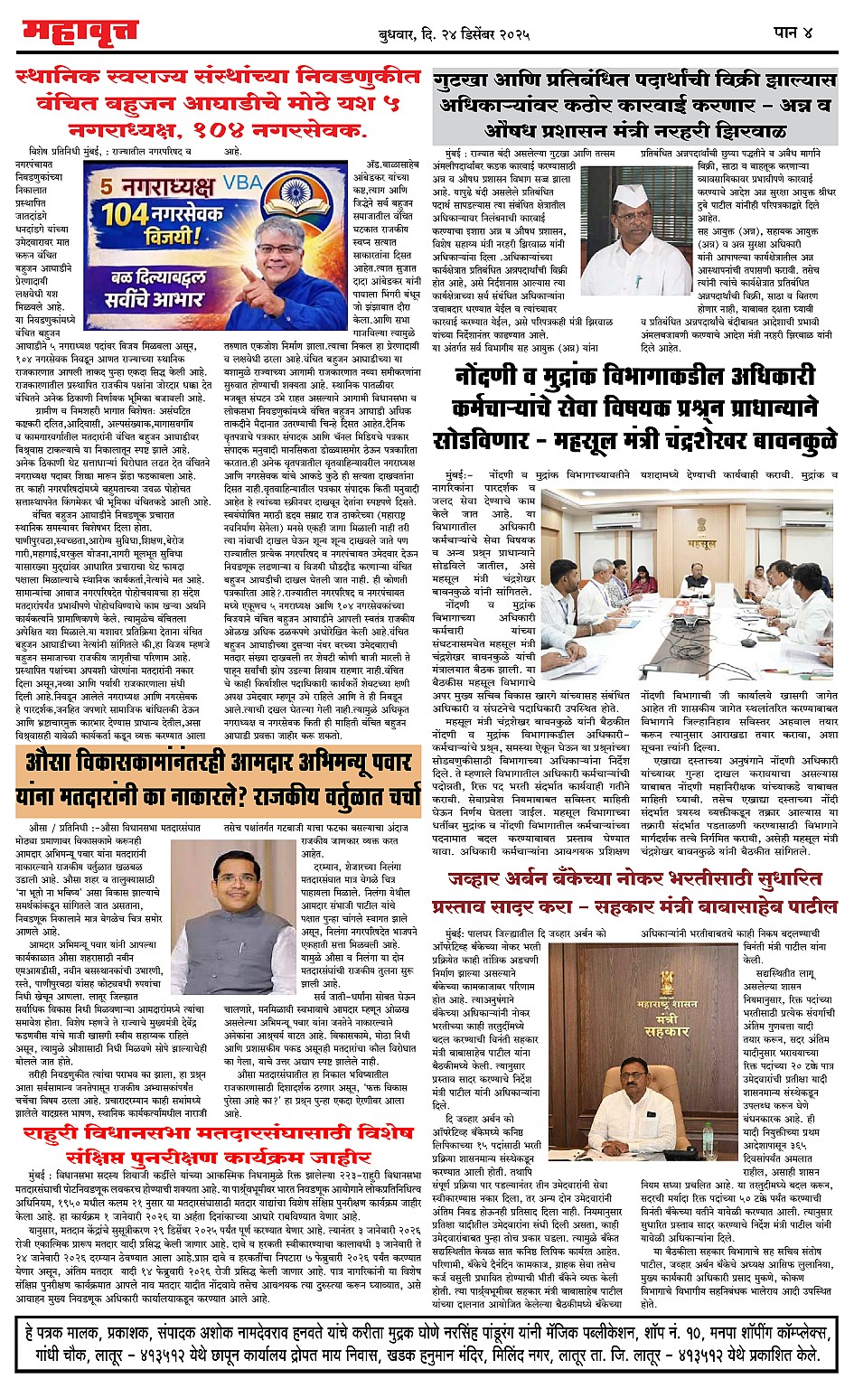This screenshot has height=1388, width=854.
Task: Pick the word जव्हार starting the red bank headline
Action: coord(483,878)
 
